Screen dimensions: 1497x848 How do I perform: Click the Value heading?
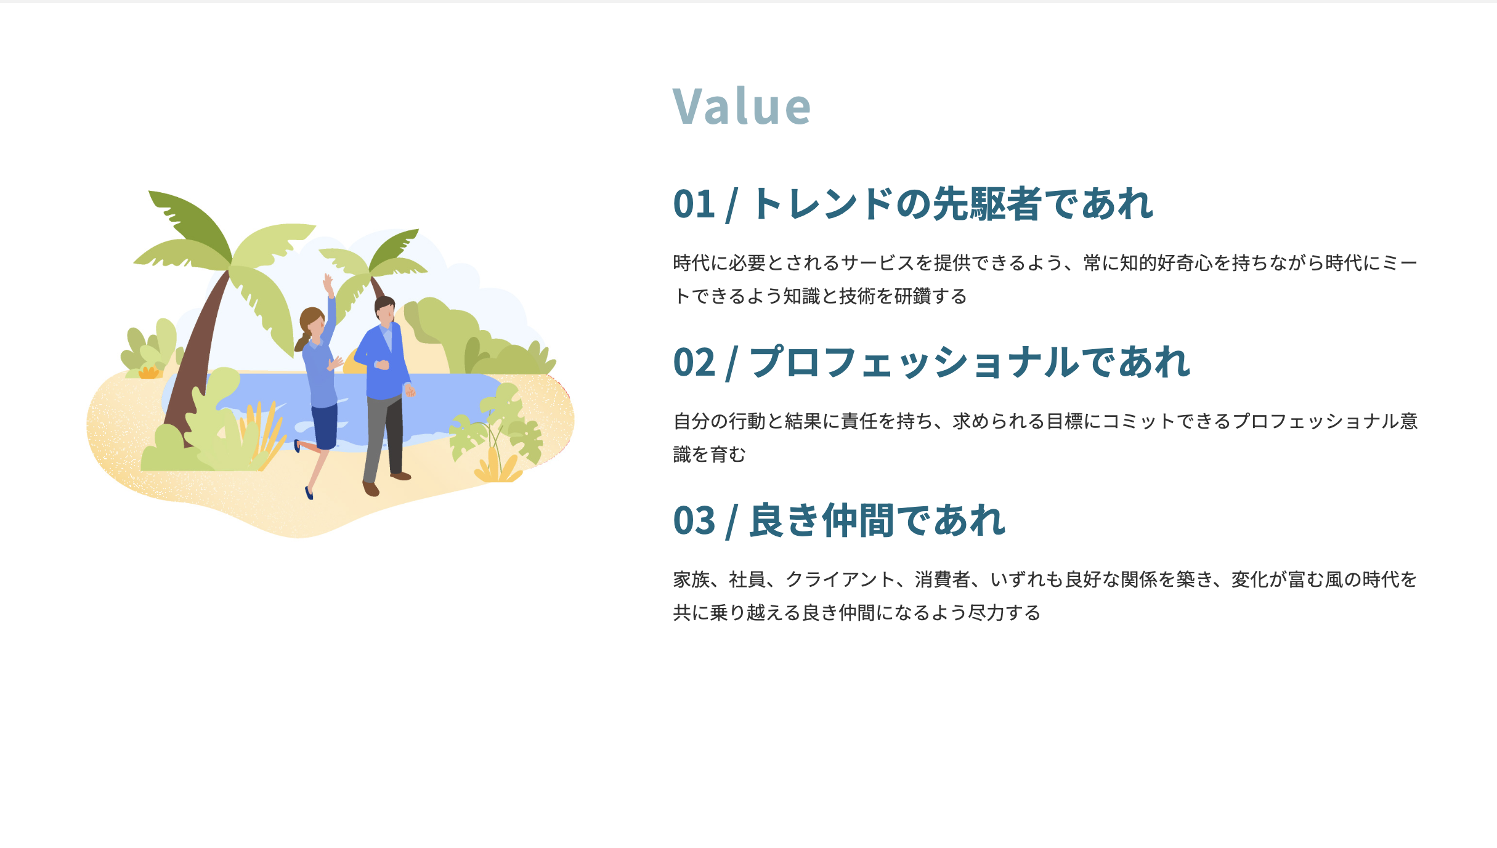click(741, 106)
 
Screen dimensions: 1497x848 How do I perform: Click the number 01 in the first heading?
click(694, 204)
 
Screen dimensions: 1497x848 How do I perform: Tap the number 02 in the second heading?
click(694, 362)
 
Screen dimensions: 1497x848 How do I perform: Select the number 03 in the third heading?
click(694, 520)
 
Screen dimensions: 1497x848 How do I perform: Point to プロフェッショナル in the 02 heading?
click(914, 362)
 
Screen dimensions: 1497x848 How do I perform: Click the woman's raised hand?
click(328, 283)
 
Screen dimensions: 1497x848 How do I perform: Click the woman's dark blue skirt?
click(325, 426)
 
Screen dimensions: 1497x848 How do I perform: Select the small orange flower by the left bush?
click(148, 372)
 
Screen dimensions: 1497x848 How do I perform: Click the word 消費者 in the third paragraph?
click(942, 579)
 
